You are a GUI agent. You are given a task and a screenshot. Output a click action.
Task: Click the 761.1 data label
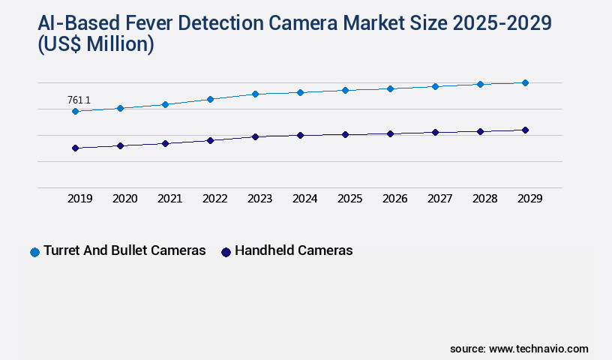tap(79, 100)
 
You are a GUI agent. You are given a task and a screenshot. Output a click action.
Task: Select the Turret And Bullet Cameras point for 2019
tap(75, 112)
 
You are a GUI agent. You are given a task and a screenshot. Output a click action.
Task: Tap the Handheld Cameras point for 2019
tap(75, 148)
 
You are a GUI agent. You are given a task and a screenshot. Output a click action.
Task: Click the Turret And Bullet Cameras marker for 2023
tap(255, 94)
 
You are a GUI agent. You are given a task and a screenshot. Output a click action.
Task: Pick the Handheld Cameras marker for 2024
tap(300, 136)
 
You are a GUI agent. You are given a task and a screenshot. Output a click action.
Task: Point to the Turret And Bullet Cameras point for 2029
tap(525, 82)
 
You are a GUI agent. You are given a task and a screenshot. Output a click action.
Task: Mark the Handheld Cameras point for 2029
tap(525, 130)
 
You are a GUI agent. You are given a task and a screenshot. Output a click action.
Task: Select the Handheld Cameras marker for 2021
tap(165, 143)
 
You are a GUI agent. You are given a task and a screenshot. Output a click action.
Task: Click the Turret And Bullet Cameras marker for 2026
tap(390, 88)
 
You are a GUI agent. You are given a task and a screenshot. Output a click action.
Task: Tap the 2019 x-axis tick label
tap(80, 199)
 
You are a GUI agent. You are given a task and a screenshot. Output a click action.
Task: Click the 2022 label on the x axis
tap(215, 199)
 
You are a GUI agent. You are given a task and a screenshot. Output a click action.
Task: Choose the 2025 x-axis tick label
tap(350, 199)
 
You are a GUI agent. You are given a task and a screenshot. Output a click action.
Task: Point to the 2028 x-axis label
tap(485, 199)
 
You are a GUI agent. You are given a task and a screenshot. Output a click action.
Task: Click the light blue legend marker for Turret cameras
tap(34, 252)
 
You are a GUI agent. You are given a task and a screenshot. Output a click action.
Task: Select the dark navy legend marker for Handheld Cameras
tap(226, 252)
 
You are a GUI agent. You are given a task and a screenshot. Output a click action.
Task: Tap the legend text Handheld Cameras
tap(293, 251)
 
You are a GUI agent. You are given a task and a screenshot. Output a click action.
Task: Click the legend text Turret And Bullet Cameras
tap(124, 251)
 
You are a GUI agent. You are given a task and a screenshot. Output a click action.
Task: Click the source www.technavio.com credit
tap(519, 349)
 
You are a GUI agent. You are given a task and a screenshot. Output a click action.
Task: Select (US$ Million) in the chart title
tap(95, 45)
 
